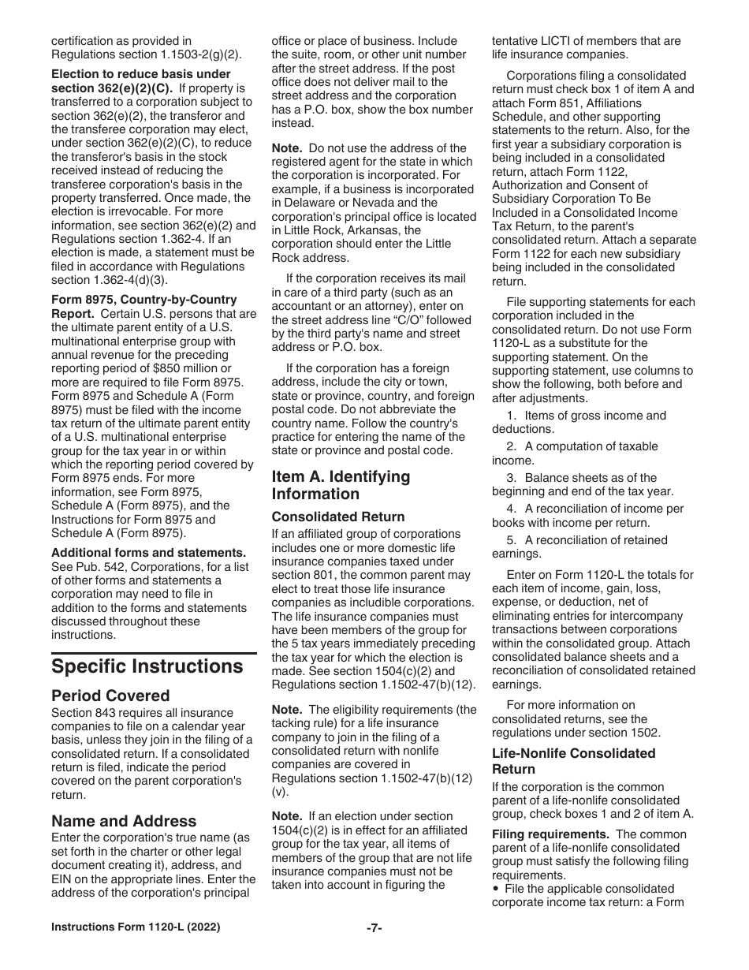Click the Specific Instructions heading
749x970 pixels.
click(147, 666)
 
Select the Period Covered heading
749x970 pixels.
click(110, 696)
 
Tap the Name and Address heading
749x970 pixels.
click(124, 821)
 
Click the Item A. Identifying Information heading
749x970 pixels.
click(341, 485)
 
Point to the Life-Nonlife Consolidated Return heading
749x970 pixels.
click(573, 761)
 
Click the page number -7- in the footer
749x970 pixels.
click(374, 927)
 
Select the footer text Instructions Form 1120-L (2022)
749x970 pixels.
click(136, 927)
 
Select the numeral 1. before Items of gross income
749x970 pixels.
click(511, 416)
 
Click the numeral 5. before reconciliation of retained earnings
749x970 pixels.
click(511, 540)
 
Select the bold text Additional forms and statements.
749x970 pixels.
click(148, 553)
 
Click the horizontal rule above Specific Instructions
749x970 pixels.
click(154, 653)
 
